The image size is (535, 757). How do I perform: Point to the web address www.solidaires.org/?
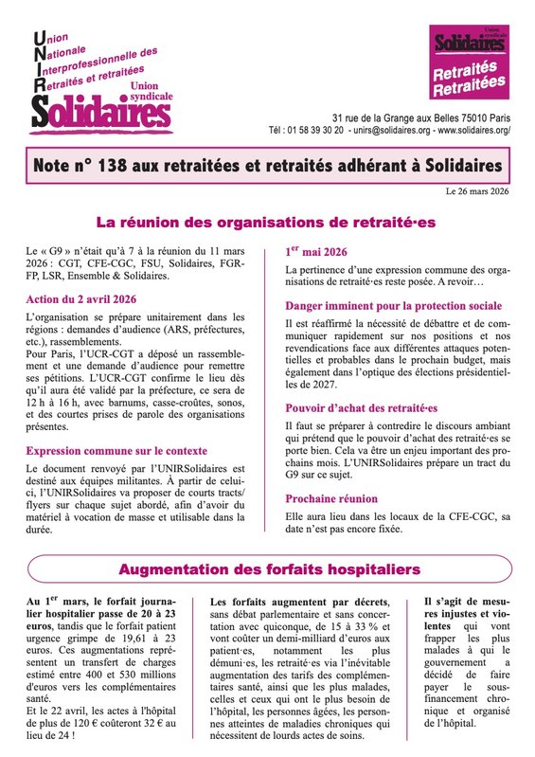[x=478, y=130]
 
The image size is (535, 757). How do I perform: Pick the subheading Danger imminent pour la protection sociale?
[x=394, y=305]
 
